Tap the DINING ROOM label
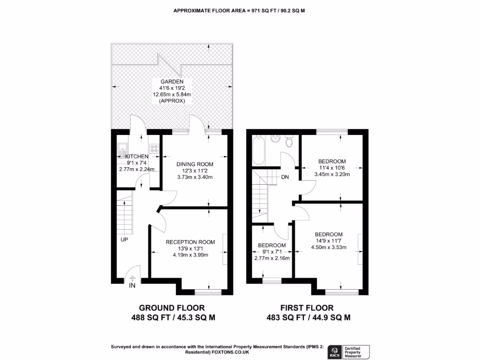[x=195, y=164]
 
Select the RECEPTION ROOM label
[x=190, y=242]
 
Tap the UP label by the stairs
[x=124, y=239]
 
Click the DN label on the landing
[x=285, y=178]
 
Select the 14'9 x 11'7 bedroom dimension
[x=328, y=241]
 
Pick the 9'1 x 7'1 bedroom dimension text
[x=271, y=252]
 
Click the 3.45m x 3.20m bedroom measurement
[x=332, y=174]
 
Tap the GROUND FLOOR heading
[x=172, y=308]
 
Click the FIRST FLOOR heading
[x=307, y=308]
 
